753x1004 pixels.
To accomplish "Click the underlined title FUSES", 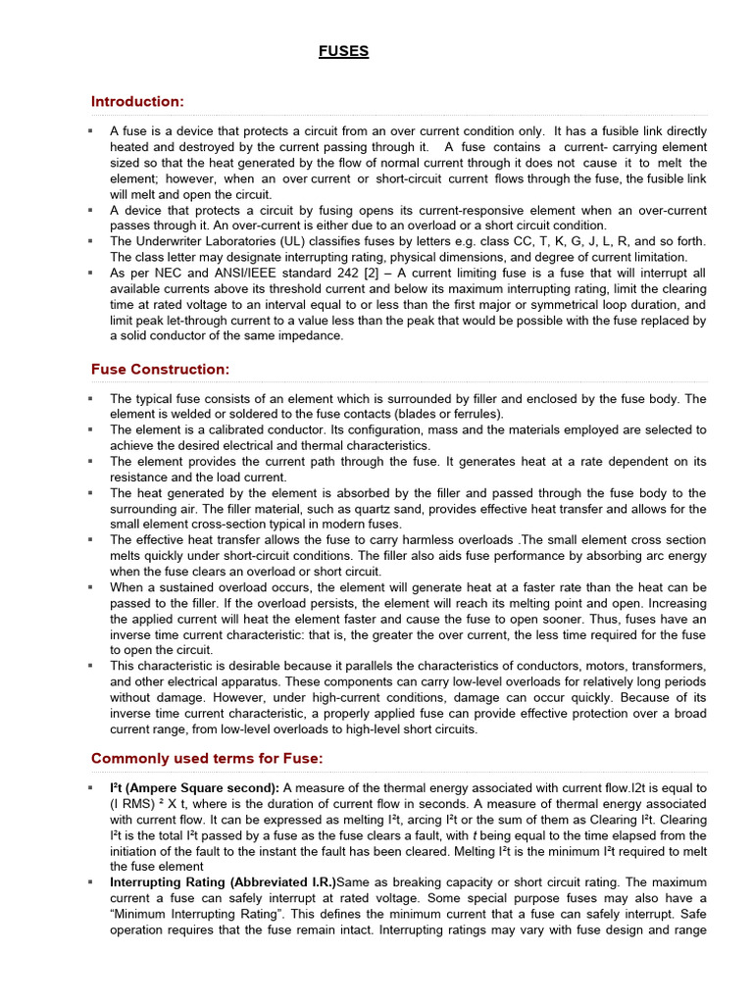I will pyautogui.click(x=343, y=52).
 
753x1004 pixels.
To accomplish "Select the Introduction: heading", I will pyautogui.click(x=137, y=102).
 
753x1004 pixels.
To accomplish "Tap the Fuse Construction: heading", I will pyautogui.click(x=160, y=370).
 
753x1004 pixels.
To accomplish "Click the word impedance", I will pyautogui.click(x=318, y=335).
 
